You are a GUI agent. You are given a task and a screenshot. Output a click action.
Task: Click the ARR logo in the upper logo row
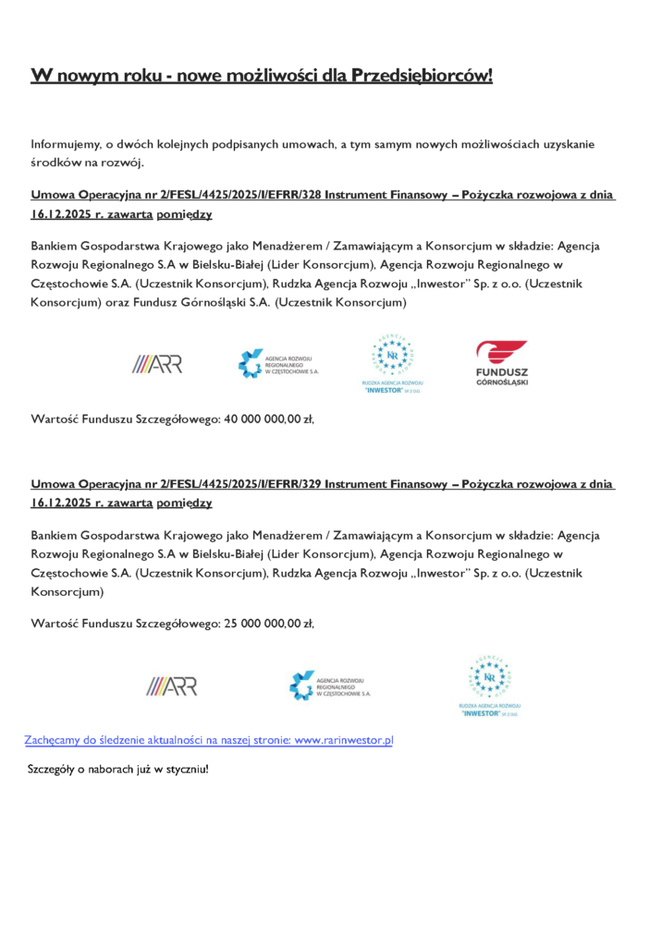(156, 364)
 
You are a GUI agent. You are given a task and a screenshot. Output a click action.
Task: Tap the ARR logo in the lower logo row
(171, 685)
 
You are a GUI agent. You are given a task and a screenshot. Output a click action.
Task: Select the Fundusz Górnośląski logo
(502, 363)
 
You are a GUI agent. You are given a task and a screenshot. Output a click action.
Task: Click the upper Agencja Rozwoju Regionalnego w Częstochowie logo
(278, 363)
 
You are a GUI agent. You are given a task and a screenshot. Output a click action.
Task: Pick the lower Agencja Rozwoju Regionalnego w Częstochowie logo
(330, 685)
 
